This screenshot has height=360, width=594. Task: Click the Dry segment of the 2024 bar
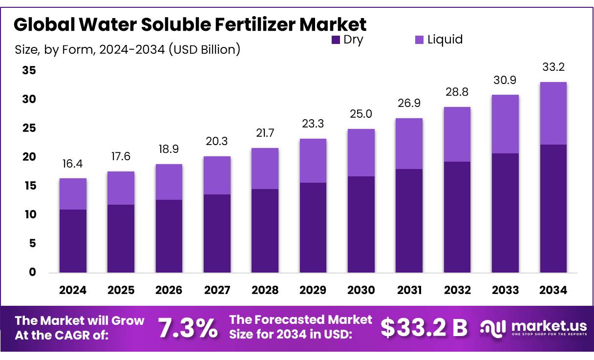(x=73, y=241)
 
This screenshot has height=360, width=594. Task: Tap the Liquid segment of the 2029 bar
(x=313, y=161)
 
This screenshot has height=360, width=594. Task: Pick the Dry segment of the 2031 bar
(x=409, y=221)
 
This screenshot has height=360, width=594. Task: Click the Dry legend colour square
(x=336, y=40)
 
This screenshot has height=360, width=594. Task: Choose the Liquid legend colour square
(x=420, y=40)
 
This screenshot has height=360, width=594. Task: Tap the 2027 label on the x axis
(x=217, y=290)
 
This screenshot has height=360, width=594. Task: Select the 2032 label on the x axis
(x=457, y=290)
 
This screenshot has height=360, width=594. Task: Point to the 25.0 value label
(x=361, y=114)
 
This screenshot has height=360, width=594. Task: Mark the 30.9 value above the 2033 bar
(x=505, y=80)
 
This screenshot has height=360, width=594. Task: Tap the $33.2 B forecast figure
(x=424, y=328)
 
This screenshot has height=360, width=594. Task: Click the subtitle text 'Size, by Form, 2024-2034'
(x=90, y=49)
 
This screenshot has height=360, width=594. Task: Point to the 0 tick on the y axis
(x=32, y=273)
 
